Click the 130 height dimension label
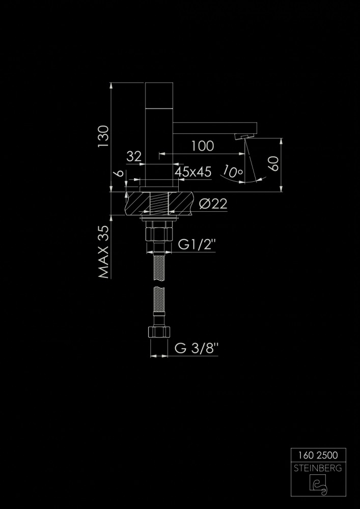104,136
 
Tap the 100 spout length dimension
203,146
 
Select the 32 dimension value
134,157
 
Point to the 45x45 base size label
193,172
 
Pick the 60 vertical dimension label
274,164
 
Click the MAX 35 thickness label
104,252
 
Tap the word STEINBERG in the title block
318,467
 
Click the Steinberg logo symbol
318,485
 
